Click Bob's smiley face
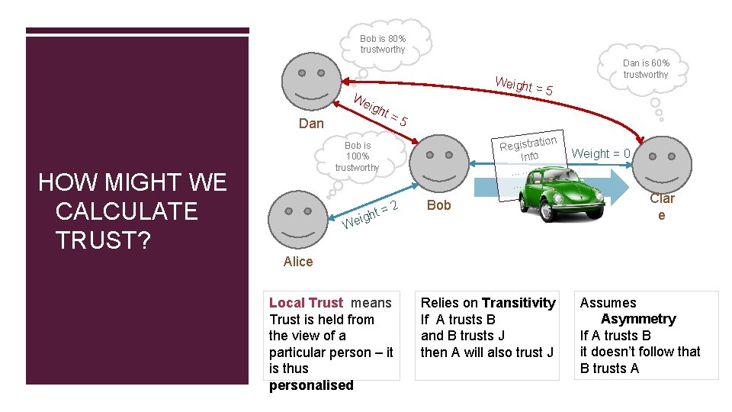tap(441, 165)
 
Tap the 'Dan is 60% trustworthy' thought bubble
tap(646, 69)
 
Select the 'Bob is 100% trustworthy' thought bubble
tap(357, 156)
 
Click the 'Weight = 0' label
tap(601, 153)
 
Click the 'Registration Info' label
tap(528, 148)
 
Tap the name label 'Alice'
tap(297, 262)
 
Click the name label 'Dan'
tap(311, 124)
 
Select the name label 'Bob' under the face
tap(439, 205)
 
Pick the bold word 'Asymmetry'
tap(638, 319)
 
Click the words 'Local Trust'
tap(307, 303)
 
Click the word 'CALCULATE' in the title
tap(127, 211)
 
